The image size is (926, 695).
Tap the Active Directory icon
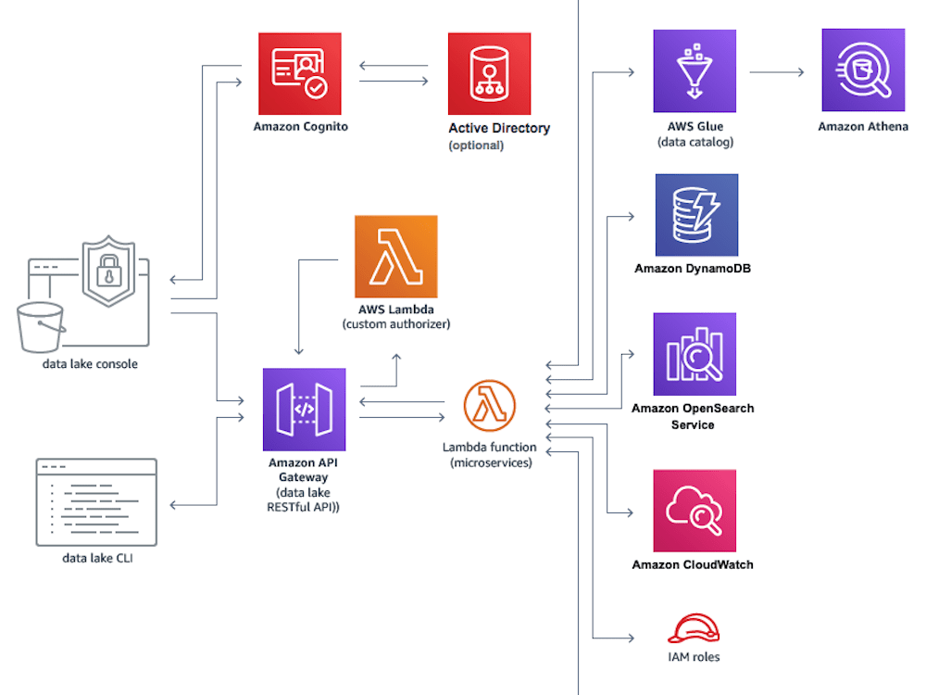coord(489,74)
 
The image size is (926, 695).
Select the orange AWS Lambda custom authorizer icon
coord(395,257)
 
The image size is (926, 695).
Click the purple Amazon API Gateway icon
coord(304,409)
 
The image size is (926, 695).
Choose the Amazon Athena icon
coord(862,69)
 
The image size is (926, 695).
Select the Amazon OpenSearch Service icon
coord(694,354)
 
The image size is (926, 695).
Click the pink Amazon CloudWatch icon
coord(694,511)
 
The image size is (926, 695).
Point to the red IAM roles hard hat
coord(693,628)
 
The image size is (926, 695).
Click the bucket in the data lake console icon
coord(40,327)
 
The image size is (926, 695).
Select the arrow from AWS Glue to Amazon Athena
coord(776,70)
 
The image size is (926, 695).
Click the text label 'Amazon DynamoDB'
coord(693,269)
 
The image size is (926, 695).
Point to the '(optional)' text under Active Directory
coord(476,145)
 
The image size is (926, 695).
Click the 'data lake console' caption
coord(90,364)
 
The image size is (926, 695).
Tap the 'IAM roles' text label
coord(693,657)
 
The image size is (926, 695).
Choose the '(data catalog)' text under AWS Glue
coord(694,142)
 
